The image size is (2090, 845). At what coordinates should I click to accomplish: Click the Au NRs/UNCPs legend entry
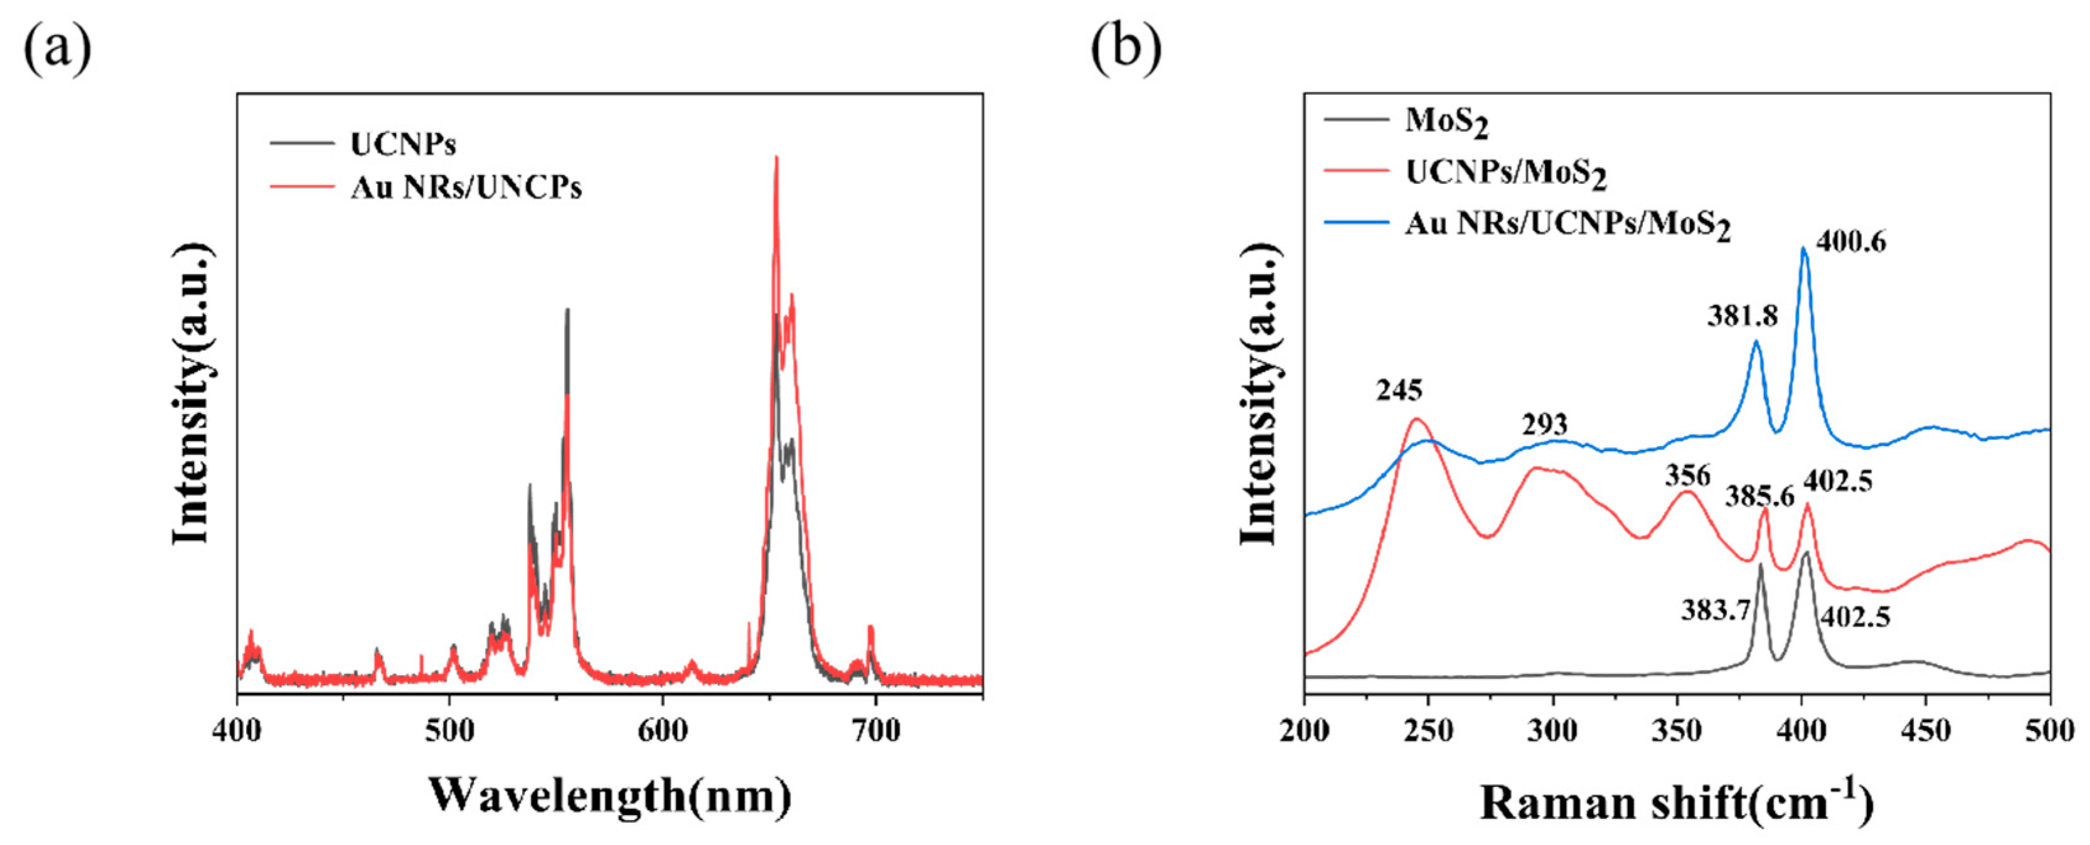465,188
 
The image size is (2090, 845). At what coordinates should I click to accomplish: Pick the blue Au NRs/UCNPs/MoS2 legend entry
1567,224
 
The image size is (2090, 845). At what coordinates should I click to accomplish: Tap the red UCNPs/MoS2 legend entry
1505,173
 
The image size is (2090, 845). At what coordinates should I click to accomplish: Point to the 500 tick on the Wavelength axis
450,731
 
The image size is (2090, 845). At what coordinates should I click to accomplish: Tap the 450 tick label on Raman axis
1926,731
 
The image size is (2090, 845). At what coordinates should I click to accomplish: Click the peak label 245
1399,391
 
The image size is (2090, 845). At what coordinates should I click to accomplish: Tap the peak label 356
1688,474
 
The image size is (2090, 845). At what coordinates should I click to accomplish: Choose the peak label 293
1544,424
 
